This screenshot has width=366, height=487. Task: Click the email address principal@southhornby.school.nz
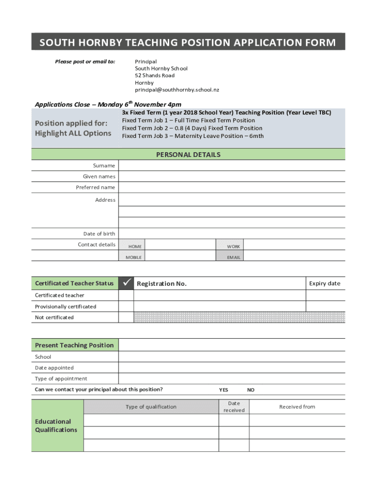(x=177, y=89)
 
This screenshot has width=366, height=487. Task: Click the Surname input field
(x=232, y=166)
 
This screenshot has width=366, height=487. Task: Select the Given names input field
(x=232, y=176)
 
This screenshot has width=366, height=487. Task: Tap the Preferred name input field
(x=232, y=187)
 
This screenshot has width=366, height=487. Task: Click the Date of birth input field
(x=232, y=234)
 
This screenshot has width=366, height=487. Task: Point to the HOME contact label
(x=135, y=246)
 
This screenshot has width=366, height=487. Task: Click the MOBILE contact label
(x=133, y=257)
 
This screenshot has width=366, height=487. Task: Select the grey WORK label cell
(x=233, y=246)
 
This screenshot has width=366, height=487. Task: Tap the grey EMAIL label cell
(x=233, y=257)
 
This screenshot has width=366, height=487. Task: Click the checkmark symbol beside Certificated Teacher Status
(x=126, y=283)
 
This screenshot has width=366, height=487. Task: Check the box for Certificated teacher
(x=126, y=295)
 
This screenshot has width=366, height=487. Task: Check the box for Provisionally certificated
(x=126, y=306)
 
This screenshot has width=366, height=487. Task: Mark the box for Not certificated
(x=126, y=317)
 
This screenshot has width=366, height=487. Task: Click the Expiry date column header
(x=325, y=283)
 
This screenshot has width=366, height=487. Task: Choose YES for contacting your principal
(x=223, y=390)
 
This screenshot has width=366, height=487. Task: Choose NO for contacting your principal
(x=250, y=390)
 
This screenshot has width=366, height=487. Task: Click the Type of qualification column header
(x=151, y=407)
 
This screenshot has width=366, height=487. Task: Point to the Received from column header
(x=297, y=407)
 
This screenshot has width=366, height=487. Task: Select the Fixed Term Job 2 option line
(x=192, y=128)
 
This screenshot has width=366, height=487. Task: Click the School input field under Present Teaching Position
(x=232, y=357)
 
